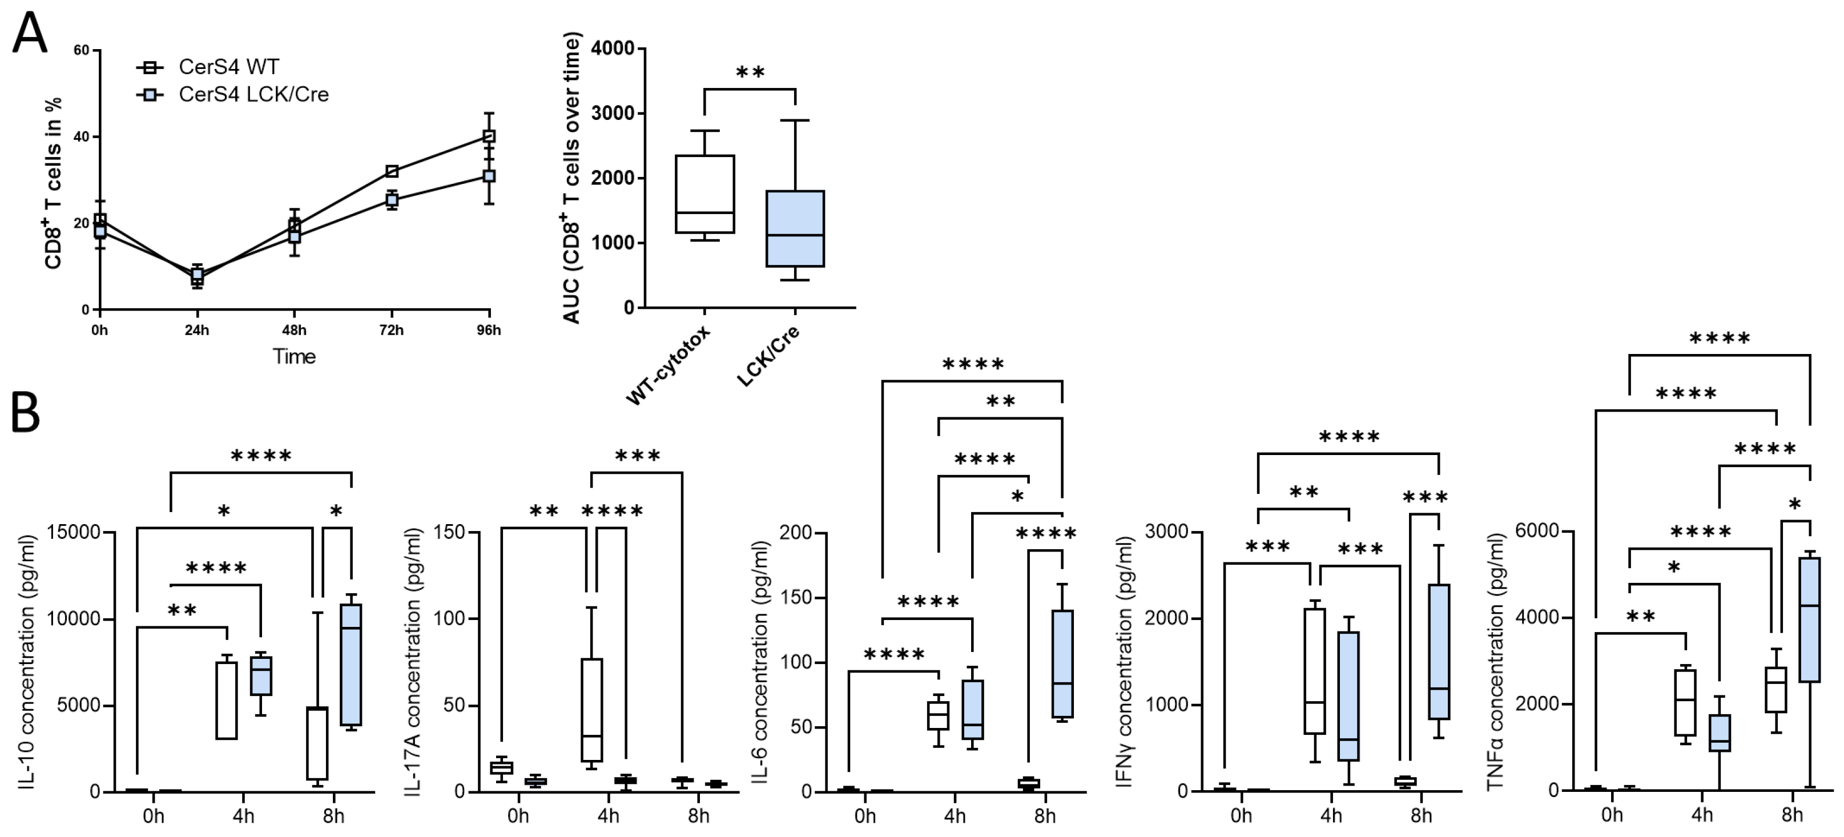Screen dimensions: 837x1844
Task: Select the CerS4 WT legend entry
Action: [228, 67]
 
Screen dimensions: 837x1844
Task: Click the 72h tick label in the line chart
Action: [391, 330]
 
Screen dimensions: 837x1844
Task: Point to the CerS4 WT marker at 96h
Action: [489, 136]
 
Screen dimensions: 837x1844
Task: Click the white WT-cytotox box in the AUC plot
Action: [705, 194]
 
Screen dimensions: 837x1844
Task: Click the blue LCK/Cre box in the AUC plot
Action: [795, 228]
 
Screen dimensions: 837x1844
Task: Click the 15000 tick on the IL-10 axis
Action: [74, 532]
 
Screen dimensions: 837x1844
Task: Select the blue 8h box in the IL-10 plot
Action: [351, 665]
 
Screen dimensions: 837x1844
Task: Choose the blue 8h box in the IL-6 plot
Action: [1062, 664]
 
